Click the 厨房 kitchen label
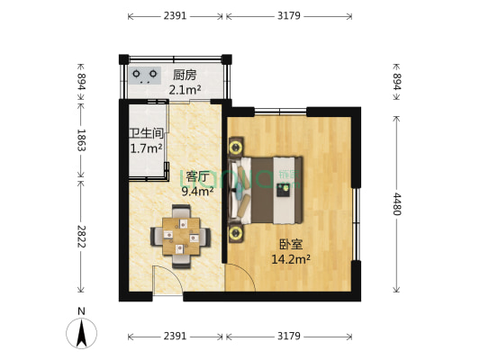pos(184,76)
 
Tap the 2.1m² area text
pos(184,89)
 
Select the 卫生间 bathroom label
pos(145,134)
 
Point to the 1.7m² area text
pos(145,148)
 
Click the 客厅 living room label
pos(198,175)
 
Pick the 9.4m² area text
pos(198,190)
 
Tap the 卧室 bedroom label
pos(291,243)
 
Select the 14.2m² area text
pos(291,258)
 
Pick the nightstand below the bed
pos(237,233)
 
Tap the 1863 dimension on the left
pos(81,139)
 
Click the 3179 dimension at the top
pos(288,15)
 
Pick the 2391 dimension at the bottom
pos(176,336)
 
